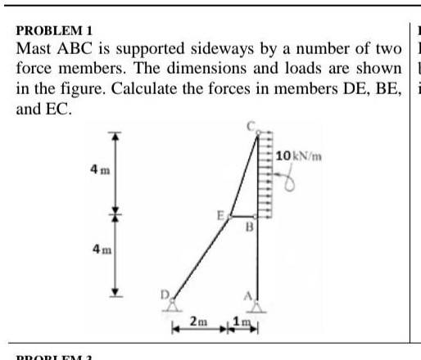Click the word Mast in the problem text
tap(34, 51)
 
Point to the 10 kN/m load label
tap(297, 155)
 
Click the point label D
tap(164, 290)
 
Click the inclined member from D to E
tap(201, 259)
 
